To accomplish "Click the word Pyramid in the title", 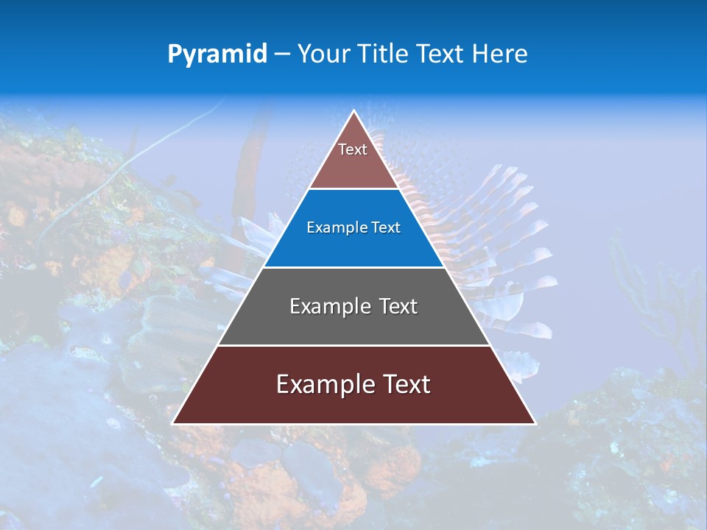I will [217, 54].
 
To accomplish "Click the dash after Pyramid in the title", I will [281, 54].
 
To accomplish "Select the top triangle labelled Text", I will [353, 158].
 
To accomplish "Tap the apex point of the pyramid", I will [353, 112].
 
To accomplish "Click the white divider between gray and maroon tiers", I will [353, 345].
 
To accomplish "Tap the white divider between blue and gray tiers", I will [353, 267].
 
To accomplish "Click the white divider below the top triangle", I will [353, 189].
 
